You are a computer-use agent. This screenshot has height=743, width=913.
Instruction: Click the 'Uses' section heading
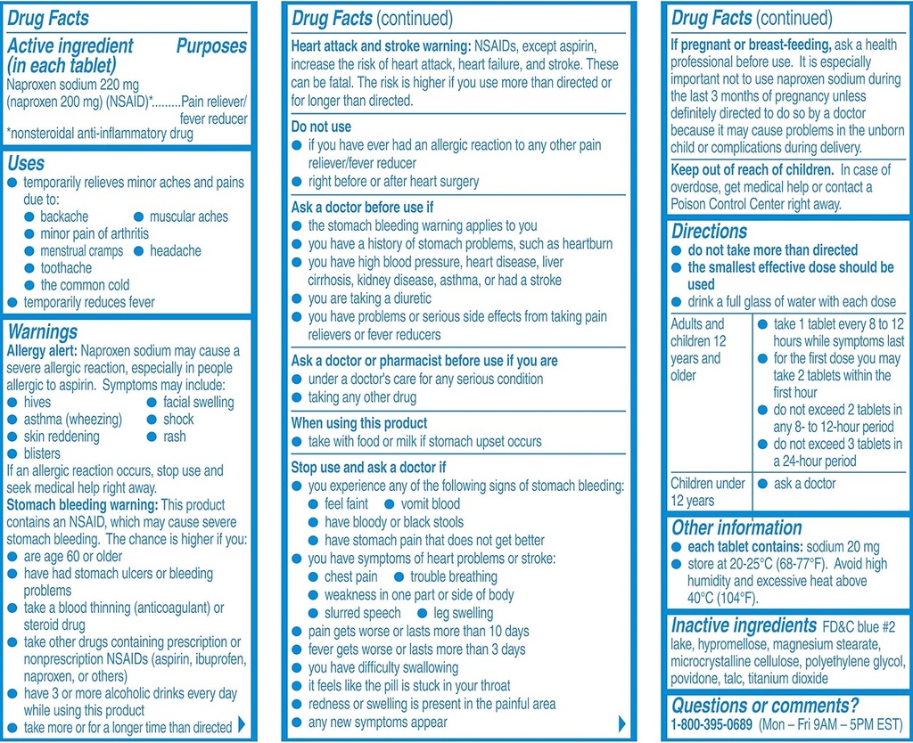(26, 163)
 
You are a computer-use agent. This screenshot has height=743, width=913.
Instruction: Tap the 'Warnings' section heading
(42, 332)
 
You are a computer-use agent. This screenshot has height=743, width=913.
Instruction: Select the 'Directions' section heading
(710, 232)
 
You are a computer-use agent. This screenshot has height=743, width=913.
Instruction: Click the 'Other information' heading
(736, 527)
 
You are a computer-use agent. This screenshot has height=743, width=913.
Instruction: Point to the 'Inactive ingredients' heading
(744, 625)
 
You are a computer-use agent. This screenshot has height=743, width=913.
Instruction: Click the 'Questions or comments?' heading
(765, 705)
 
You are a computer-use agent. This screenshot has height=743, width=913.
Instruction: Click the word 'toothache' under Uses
(66, 267)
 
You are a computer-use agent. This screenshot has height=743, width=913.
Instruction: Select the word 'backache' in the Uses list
(64, 216)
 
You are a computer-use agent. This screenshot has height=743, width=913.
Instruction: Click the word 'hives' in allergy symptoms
(37, 402)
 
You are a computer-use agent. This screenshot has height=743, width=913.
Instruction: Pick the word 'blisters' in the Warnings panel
(43, 453)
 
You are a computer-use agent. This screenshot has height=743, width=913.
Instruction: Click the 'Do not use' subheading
(321, 127)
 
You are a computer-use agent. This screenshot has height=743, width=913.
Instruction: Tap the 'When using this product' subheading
(359, 423)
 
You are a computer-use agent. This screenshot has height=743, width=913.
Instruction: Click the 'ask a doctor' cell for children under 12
(804, 484)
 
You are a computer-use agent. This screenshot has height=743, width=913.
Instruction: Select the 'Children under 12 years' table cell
(708, 492)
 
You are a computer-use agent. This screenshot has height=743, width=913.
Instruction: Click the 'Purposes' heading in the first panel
(211, 45)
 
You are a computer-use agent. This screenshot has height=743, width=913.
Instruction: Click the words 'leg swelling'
(463, 613)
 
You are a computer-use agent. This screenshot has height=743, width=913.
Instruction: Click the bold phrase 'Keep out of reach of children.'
(753, 169)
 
